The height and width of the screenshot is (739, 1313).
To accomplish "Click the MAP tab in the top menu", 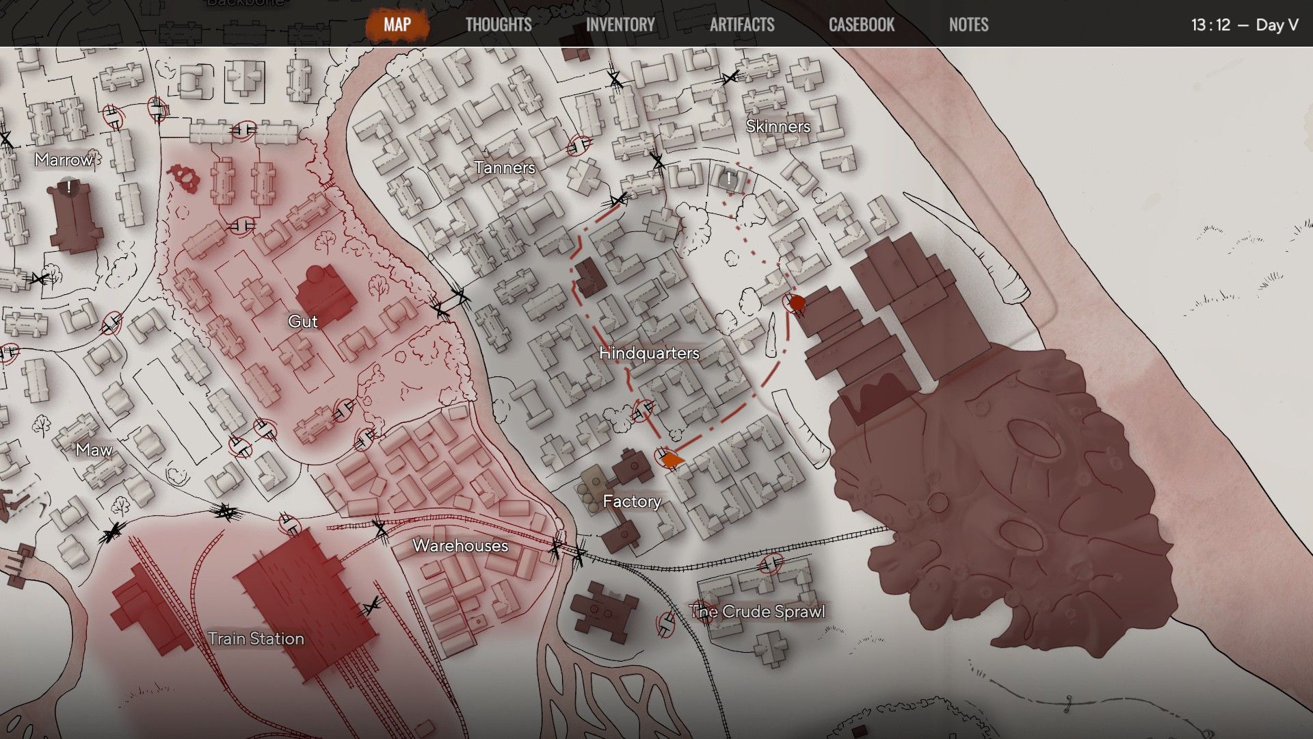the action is tap(397, 25).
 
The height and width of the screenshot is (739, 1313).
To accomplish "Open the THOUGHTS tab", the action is tap(499, 25).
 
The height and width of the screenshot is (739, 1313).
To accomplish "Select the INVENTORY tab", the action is tap(620, 25).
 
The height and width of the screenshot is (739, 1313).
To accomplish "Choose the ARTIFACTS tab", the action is tap(742, 25).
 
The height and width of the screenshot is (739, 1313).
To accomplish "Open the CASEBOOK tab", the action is tap(862, 25).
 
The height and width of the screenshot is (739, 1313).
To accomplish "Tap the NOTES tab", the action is tap(968, 25).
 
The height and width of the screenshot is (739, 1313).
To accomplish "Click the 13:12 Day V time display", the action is tap(1244, 25).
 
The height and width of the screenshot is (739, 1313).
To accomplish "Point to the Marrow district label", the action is tap(64, 160).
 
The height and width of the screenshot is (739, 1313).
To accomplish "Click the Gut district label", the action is tap(303, 322).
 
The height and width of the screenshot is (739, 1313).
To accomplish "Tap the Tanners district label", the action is tap(505, 168).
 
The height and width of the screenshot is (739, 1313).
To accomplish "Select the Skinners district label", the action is tap(778, 127).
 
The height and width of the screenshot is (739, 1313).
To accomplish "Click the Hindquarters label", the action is tap(649, 353).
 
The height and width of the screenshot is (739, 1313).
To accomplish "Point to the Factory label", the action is tap(632, 502).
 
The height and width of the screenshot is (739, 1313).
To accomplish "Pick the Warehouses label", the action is tap(460, 546).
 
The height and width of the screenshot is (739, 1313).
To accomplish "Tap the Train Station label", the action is tap(256, 638).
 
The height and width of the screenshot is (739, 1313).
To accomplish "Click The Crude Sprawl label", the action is tap(757, 612).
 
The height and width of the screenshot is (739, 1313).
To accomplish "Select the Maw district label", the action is tap(94, 450).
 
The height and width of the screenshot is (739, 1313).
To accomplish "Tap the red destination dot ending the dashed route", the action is tap(797, 302).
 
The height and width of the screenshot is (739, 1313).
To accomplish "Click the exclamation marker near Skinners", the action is tap(729, 179).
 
